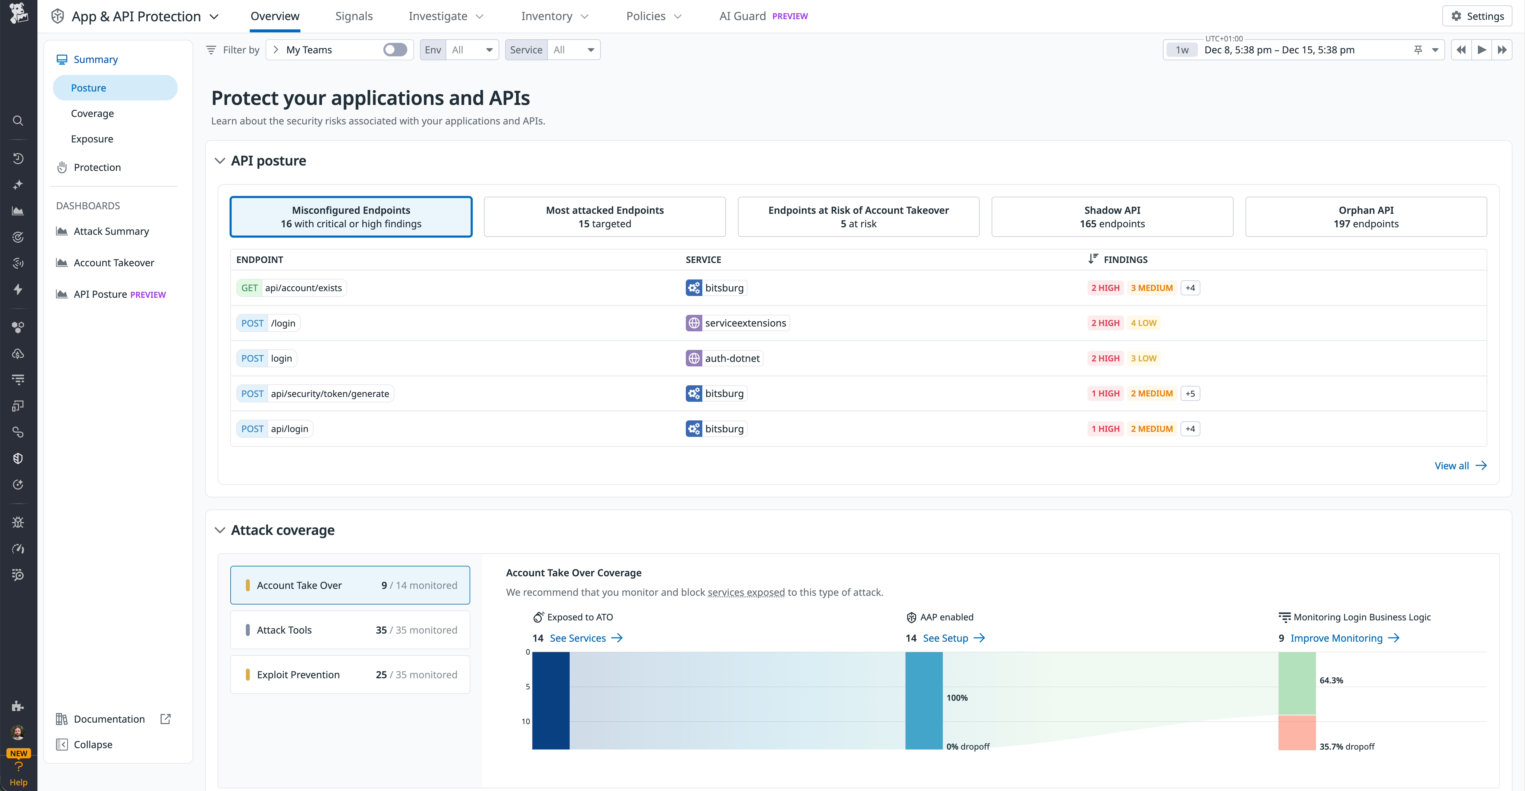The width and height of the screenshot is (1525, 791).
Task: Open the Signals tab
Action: [x=353, y=16]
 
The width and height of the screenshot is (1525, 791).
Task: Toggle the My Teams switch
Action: [x=395, y=50]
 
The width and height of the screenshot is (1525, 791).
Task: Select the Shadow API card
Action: [x=1112, y=217]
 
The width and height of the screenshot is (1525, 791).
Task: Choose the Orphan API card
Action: [x=1366, y=217]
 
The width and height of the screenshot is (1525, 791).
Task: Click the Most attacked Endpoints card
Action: [x=604, y=217]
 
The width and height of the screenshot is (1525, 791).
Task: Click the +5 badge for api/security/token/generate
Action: [x=1190, y=393]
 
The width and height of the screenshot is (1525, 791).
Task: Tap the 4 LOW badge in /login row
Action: [x=1143, y=323]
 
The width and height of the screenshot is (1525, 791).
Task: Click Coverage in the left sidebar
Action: [x=92, y=113]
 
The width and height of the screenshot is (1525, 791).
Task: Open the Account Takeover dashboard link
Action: [x=114, y=262]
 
